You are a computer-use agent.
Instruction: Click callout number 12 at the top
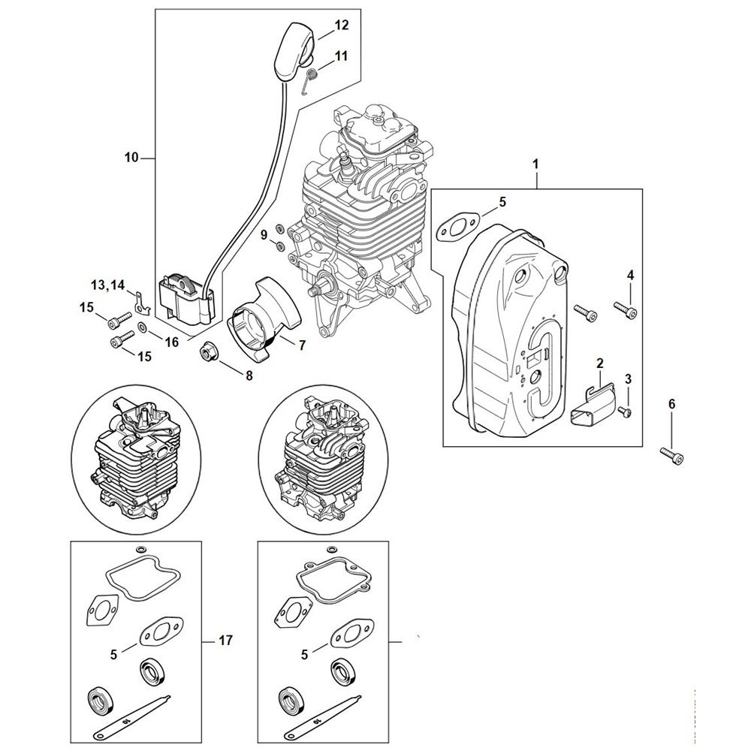342,25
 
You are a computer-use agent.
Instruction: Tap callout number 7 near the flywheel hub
302,345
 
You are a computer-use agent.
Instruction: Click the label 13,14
107,285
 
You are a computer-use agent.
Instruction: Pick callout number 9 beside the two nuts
264,235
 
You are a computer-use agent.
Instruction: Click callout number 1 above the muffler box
536,164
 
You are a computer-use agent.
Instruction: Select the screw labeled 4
626,309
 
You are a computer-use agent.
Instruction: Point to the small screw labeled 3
624,411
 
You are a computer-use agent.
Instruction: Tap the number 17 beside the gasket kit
225,640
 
